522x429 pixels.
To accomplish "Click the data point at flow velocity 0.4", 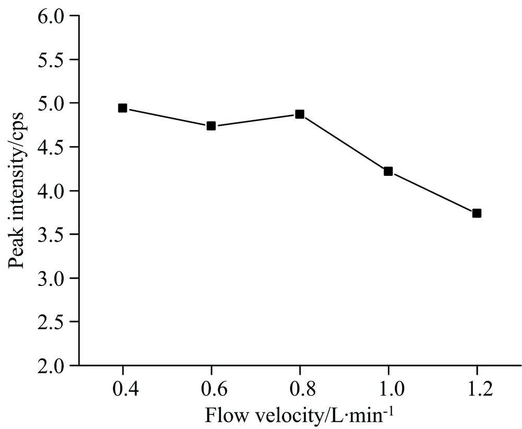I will click(x=123, y=108).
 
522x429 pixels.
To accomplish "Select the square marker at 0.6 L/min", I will click(x=211, y=126).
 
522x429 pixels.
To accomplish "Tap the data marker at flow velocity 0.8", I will click(x=300, y=114).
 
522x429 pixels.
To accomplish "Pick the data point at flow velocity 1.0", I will click(x=388, y=171).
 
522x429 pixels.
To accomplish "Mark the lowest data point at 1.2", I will click(x=476, y=213).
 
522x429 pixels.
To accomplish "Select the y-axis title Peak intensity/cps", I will click(x=17, y=191).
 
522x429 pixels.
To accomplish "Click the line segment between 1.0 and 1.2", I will click(x=432, y=192).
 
